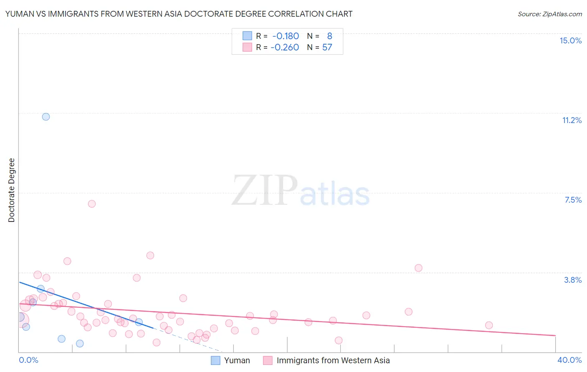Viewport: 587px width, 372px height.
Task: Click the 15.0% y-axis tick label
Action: pyautogui.click(x=570, y=40)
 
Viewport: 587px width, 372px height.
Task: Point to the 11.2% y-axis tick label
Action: pyautogui.click(x=572, y=120)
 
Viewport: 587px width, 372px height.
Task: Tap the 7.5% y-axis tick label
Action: pyautogui.click(x=573, y=200)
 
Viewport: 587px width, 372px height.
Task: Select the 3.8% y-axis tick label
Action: pyautogui.click(x=573, y=280)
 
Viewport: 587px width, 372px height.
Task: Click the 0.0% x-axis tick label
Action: pyautogui.click(x=28, y=360)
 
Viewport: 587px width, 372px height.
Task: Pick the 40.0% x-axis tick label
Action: pyautogui.click(x=569, y=360)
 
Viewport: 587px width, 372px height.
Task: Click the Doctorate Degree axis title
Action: pyautogui.click(x=11, y=190)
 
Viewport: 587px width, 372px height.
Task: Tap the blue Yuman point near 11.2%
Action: pyautogui.click(x=46, y=117)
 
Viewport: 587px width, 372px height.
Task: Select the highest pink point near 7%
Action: pyautogui.click(x=92, y=204)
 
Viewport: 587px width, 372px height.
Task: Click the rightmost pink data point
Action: pyautogui.click(x=489, y=325)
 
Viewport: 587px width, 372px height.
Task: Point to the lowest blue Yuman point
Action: pyautogui.click(x=80, y=344)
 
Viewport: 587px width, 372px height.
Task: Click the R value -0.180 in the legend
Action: pyautogui.click(x=286, y=36)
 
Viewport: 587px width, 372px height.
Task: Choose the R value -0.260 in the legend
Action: pyautogui.click(x=285, y=48)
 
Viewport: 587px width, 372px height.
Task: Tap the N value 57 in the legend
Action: pyautogui.click(x=327, y=48)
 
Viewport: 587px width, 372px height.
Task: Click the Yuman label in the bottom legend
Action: pyautogui.click(x=237, y=360)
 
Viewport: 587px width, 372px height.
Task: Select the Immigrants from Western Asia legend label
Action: pyautogui.click(x=333, y=360)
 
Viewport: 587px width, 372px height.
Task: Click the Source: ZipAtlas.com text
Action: pyautogui.click(x=549, y=14)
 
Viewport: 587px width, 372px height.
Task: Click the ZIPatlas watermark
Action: pyautogui.click(x=301, y=191)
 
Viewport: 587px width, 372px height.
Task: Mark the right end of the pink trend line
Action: pyautogui.click(x=555, y=335)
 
